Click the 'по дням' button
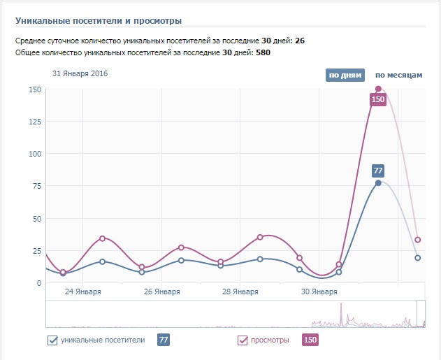tap(344, 75)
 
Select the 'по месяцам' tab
tap(398, 75)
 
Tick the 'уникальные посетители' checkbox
tap(52, 340)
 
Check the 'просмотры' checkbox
tap(243, 340)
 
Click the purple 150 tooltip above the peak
tap(378, 99)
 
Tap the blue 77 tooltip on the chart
tap(378, 171)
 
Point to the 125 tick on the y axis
tap(33, 122)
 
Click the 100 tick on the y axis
tap(33, 154)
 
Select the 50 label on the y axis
tap(35, 219)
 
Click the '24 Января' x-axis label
tap(82, 291)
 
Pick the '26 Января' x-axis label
tap(161, 291)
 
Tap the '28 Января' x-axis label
tap(240, 291)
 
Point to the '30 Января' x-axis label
tap(319, 291)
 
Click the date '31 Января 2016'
tap(80, 73)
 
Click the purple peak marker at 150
tap(378, 89)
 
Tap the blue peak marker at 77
tap(378, 183)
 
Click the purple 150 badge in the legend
tap(310, 340)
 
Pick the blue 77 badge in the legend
tap(164, 340)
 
